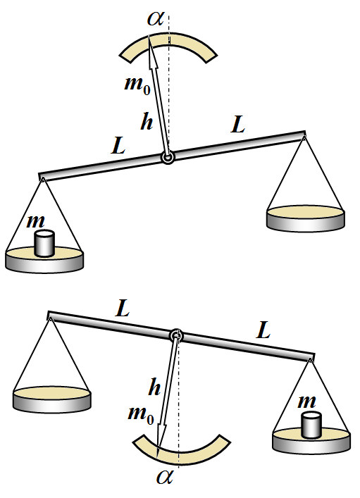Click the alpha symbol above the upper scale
[x=156, y=19]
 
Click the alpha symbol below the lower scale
[x=165, y=477]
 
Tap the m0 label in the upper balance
[x=137, y=85]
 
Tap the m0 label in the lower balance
[x=141, y=414]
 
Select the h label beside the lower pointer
[x=154, y=387]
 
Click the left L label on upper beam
[x=118, y=146]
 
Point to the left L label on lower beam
[x=123, y=309]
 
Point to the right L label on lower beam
[x=263, y=330]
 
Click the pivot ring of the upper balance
[x=168, y=158]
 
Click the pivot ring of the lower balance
[x=176, y=335]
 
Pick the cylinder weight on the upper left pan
[x=44, y=243]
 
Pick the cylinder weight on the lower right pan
[x=311, y=425]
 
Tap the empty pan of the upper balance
[x=305, y=218]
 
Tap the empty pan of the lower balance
[x=52, y=399]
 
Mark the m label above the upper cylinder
[x=36, y=221]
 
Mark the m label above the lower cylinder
[x=306, y=401]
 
